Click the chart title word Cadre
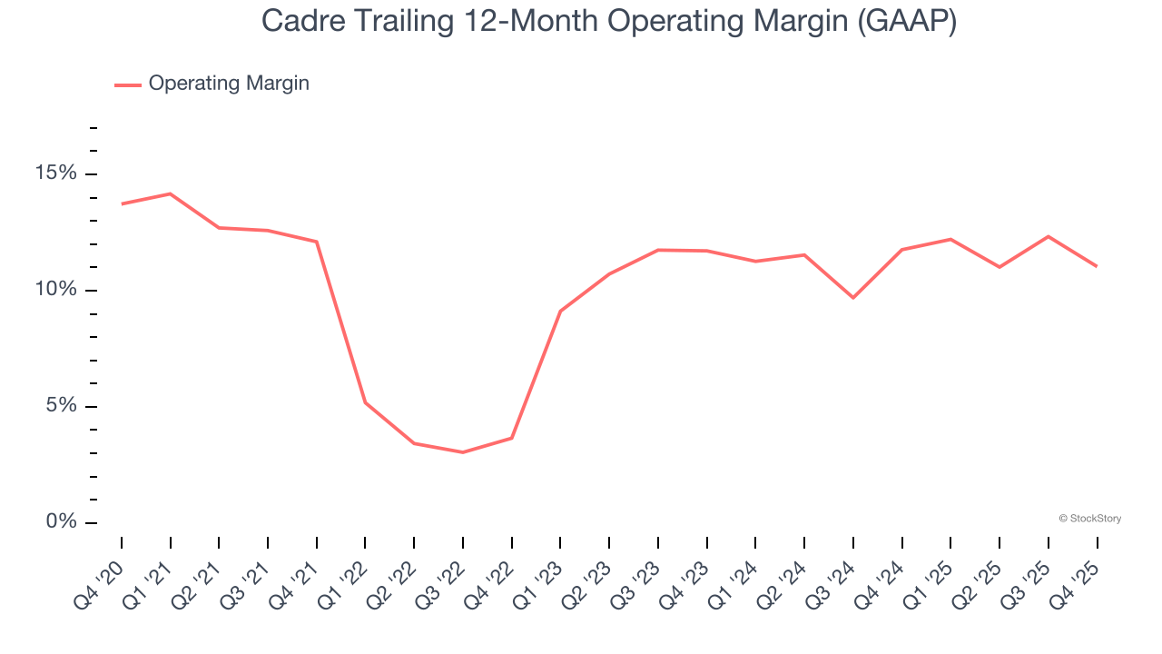298,21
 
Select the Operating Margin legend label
229,84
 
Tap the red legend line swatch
128,84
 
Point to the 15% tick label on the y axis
57,173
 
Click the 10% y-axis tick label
57,290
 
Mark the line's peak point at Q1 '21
170,193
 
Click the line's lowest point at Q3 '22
463,452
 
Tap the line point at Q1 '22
365,402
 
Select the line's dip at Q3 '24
853,298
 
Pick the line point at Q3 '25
1049,236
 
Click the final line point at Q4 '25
1097,266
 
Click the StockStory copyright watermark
1090,519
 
